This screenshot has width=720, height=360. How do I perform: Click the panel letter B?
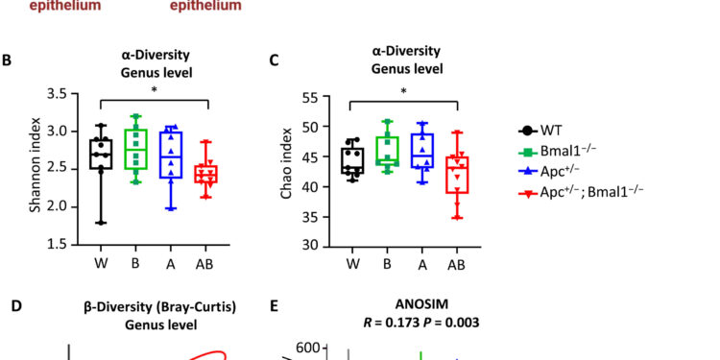(x=8, y=60)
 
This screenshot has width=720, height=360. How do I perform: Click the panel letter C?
(x=275, y=60)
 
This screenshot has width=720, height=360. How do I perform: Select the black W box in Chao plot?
(x=352, y=162)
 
